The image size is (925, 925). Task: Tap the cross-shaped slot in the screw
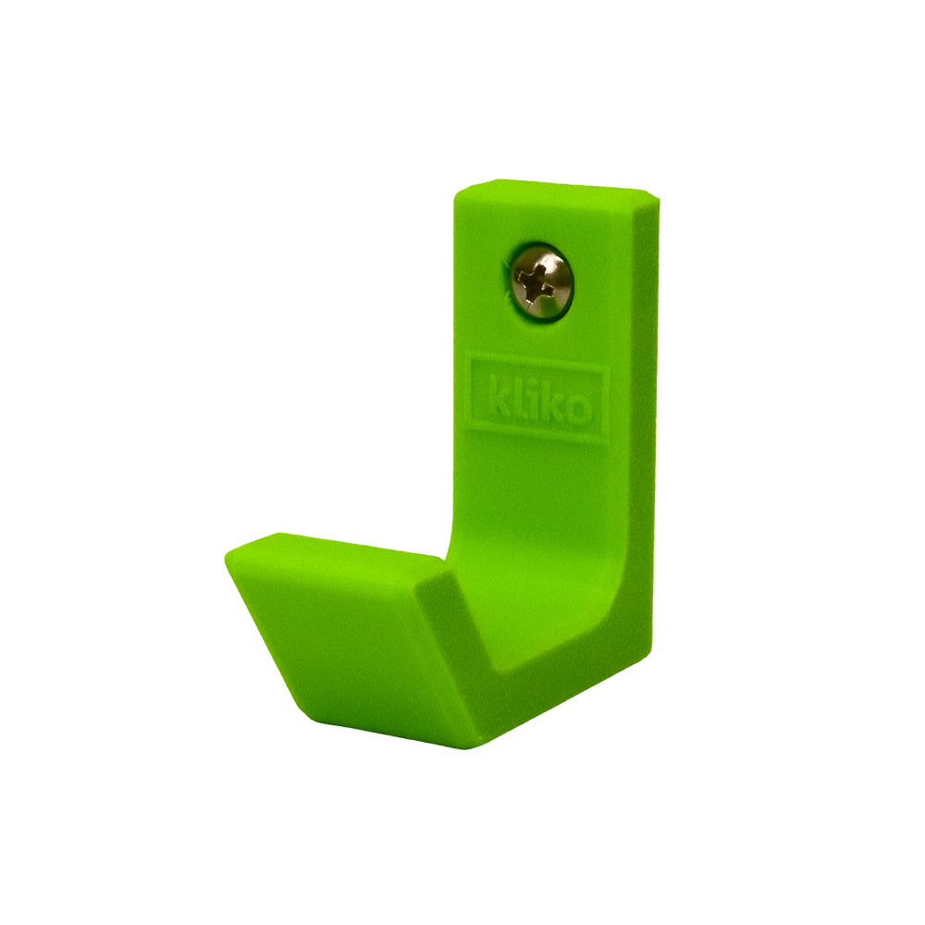[x=536, y=281]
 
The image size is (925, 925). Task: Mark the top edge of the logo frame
[x=538, y=359]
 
